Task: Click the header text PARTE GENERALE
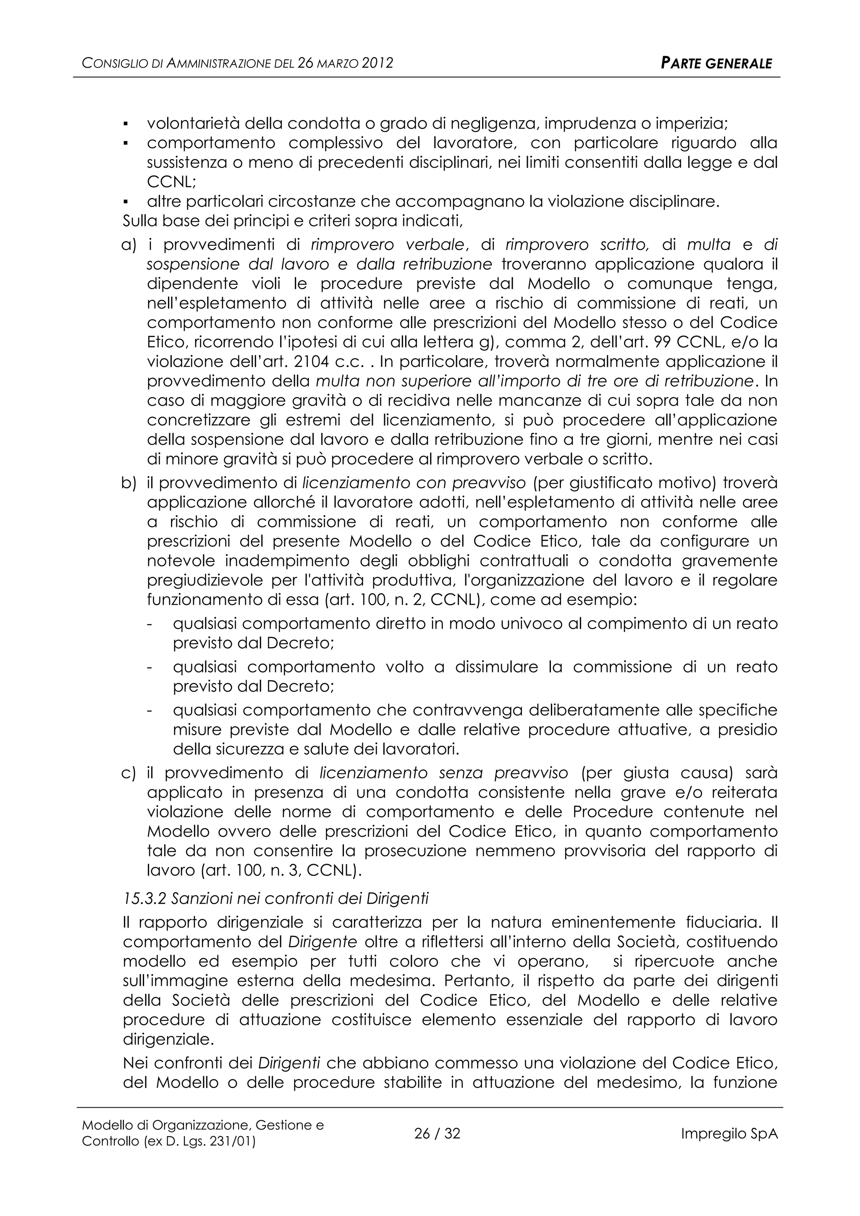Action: pyautogui.click(x=716, y=63)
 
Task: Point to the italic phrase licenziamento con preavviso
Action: pyautogui.click(x=414, y=482)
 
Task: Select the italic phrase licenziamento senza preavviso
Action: pyautogui.click(x=443, y=773)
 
